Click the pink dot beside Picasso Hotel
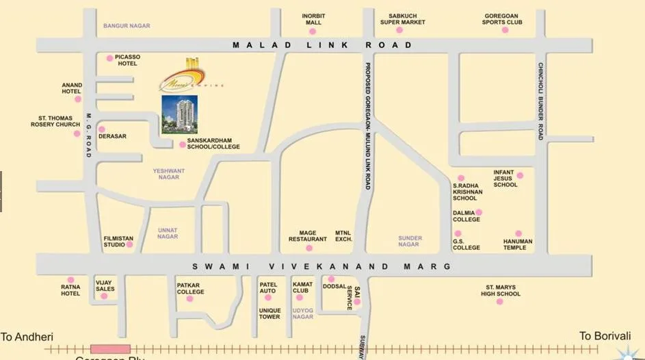[x=109, y=58]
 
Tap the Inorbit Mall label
[x=313, y=18]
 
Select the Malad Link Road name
[x=322, y=45]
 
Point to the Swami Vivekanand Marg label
[x=321, y=266]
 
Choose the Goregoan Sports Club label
[x=502, y=18]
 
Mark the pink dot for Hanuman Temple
[x=518, y=233]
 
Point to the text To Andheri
[x=27, y=337]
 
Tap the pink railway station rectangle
[x=110, y=349]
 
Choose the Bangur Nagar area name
[x=127, y=26]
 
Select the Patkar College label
[x=191, y=288]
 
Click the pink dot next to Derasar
[x=102, y=129]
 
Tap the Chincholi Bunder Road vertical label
[x=540, y=102]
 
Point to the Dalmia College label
[x=466, y=216]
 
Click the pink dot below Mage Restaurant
[x=308, y=248]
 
